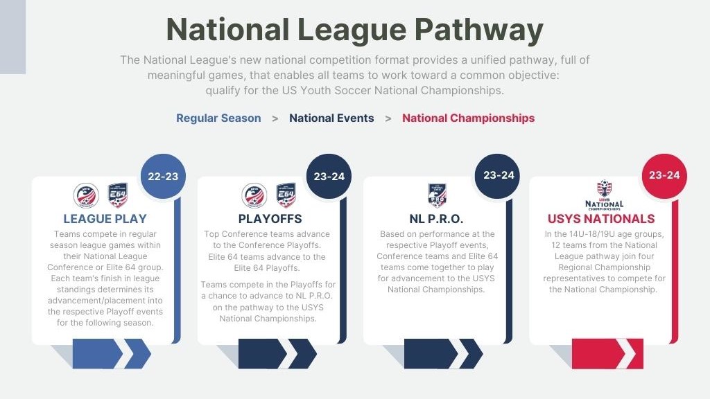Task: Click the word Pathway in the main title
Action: (x=478, y=30)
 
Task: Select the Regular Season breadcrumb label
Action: (x=218, y=118)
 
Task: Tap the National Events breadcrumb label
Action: (x=331, y=118)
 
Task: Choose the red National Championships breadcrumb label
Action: (x=468, y=118)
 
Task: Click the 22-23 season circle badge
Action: (x=163, y=176)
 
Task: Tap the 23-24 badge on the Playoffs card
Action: (x=329, y=176)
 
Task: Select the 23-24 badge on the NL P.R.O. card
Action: (x=498, y=176)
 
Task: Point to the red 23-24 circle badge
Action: (x=664, y=176)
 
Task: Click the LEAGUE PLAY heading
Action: (x=105, y=219)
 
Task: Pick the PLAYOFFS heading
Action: (x=270, y=219)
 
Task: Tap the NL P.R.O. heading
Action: (x=436, y=219)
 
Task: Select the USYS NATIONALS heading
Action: (x=601, y=219)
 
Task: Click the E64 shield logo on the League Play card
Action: (x=118, y=195)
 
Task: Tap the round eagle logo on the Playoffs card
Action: (x=254, y=195)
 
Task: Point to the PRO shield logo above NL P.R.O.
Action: (x=438, y=195)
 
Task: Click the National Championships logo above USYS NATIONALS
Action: (x=604, y=195)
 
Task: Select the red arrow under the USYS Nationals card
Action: (x=607, y=354)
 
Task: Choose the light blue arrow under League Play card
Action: (x=112, y=354)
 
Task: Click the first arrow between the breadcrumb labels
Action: (x=275, y=118)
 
